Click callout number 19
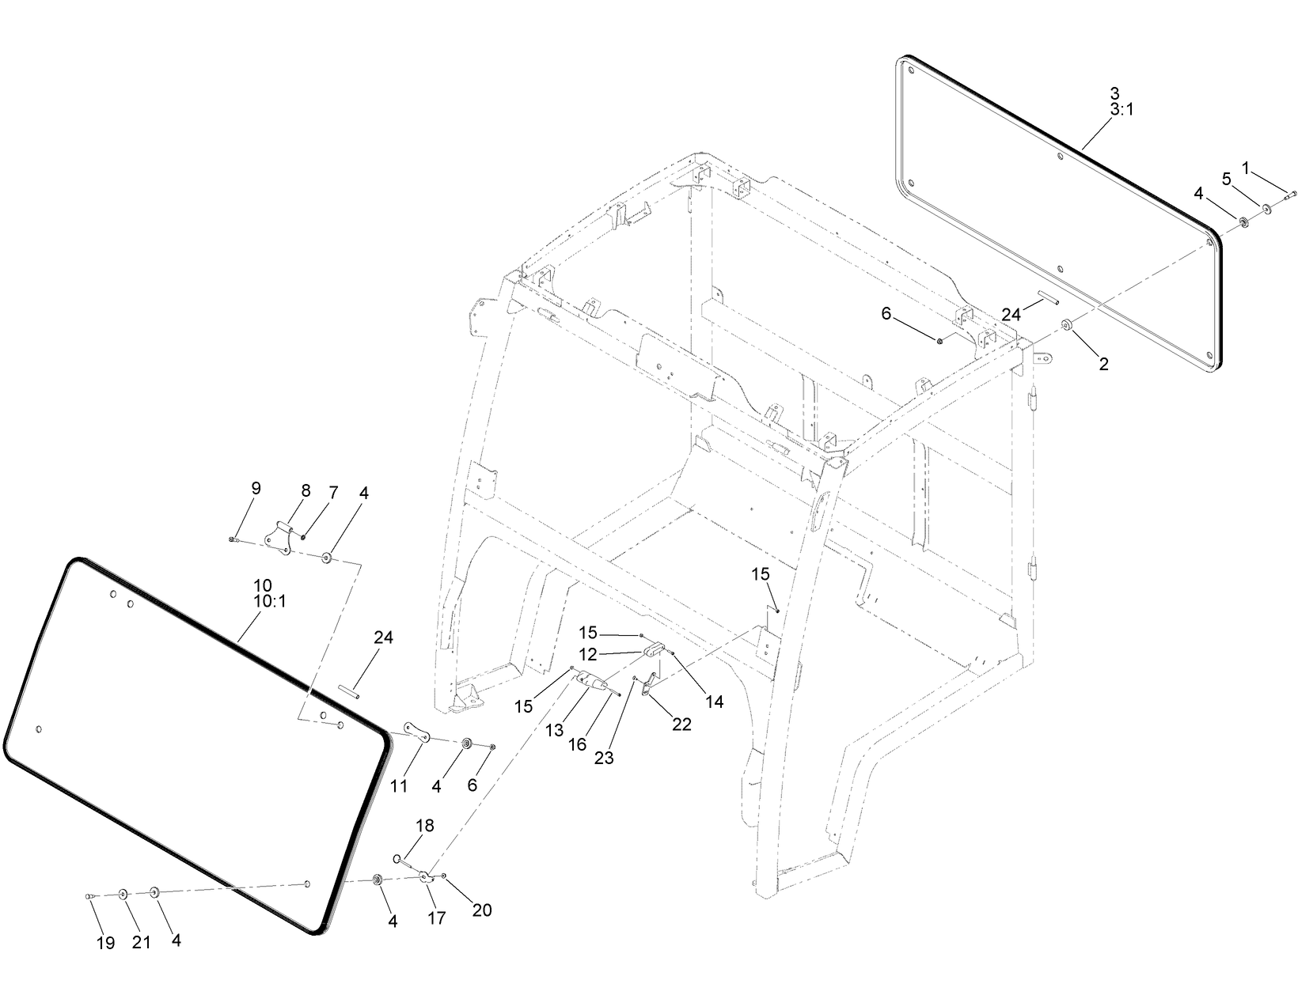(x=105, y=943)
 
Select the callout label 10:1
(x=269, y=601)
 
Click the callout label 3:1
(x=1122, y=110)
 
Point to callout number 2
(x=1103, y=364)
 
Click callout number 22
(x=681, y=724)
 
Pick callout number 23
(x=604, y=757)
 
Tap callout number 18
(x=425, y=826)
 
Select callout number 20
(x=481, y=910)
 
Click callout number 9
(x=255, y=488)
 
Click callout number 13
(x=554, y=732)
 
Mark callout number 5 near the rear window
(x=1227, y=180)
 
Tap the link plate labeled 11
(x=416, y=732)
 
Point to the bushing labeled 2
(x=1066, y=324)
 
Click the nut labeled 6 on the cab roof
(x=939, y=340)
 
